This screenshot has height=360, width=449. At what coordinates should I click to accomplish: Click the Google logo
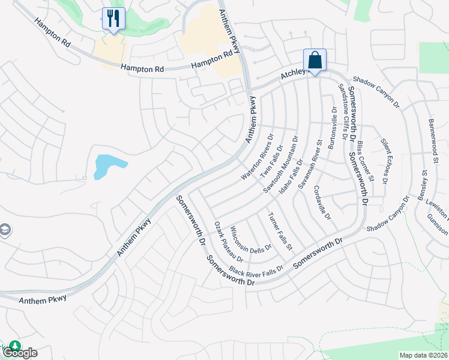[x=20, y=353]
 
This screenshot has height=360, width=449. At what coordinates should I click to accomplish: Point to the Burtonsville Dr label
[x=331, y=128]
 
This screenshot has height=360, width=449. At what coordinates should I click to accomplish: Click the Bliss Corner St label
[x=365, y=161]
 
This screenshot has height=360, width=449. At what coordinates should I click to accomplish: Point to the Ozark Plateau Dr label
[x=228, y=242]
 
